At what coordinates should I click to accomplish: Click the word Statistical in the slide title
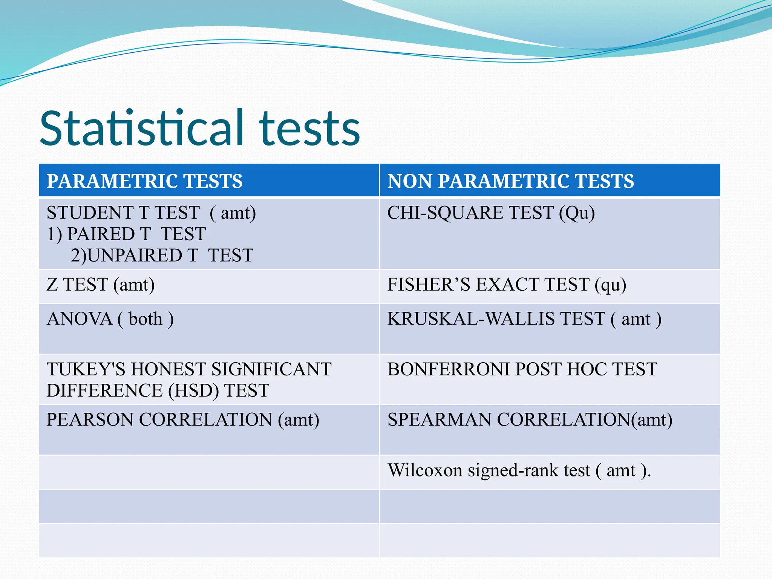(x=141, y=128)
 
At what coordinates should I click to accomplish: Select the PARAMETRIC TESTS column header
(x=144, y=181)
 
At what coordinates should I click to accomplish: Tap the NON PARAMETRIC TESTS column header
(x=510, y=181)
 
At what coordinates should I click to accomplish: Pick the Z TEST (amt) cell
(x=101, y=285)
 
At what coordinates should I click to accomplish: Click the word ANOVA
(x=80, y=319)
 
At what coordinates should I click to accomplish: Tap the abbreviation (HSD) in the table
(x=193, y=391)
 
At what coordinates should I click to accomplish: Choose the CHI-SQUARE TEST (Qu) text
(x=491, y=213)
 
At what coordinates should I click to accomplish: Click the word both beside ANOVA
(x=146, y=319)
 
